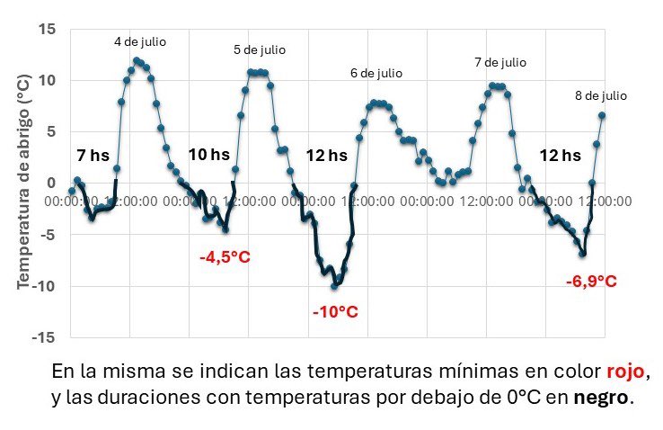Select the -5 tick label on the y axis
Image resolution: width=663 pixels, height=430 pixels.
pos(49,235)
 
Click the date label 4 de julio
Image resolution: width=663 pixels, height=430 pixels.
pos(139,41)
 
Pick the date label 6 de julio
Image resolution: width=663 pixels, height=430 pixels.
pos(376,73)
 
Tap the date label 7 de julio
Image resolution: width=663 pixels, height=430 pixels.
pos(499,63)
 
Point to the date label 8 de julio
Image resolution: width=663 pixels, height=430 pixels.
pos(600,95)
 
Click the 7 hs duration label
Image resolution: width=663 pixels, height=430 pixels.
pos(93,156)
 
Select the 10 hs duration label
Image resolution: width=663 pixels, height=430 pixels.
pos(208,154)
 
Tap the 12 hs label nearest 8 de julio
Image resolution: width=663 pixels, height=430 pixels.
pos(559,156)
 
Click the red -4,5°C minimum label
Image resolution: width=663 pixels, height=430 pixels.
pos(225,257)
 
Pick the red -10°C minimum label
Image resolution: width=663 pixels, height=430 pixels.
pos(335,312)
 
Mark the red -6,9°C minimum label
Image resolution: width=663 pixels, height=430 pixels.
pos(591,282)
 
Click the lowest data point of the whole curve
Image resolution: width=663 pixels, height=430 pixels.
pos(335,286)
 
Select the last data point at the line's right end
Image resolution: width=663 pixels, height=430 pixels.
pos(601,115)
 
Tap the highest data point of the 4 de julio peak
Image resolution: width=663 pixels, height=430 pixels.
pos(137,61)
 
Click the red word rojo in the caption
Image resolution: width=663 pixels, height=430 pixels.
pos(624,372)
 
